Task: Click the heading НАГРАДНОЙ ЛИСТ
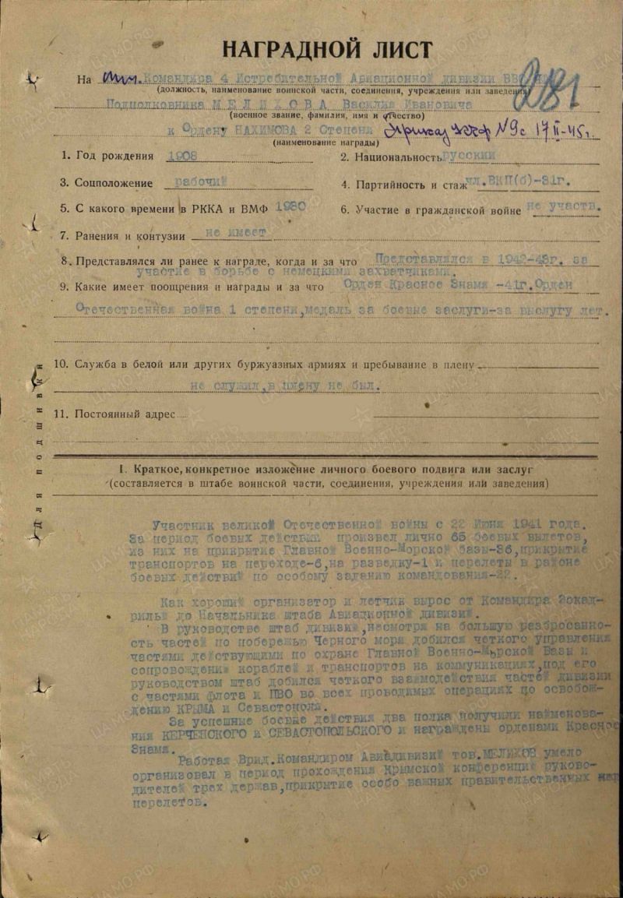(327, 49)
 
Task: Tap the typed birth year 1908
(183, 156)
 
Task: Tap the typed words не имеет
(232, 232)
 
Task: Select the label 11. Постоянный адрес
(114, 414)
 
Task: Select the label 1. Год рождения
(108, 156)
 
